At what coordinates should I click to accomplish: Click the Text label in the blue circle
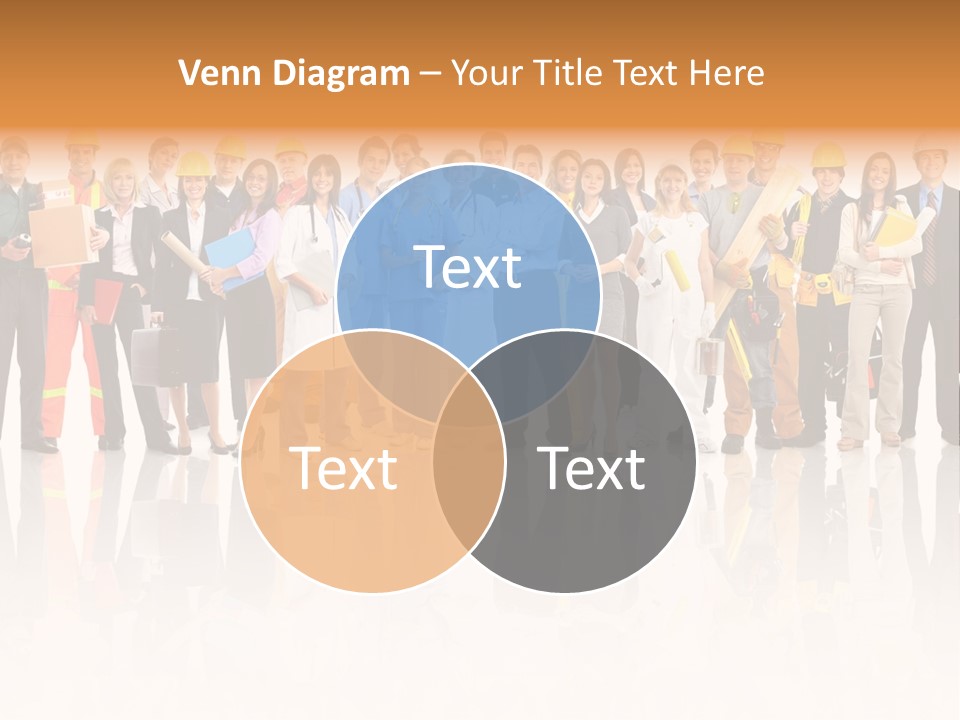tap(468, 267)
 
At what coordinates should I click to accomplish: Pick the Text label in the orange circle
tap(343, 468)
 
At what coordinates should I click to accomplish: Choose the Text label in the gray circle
tap(591, 468)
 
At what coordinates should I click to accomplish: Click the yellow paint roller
tap(678, 269)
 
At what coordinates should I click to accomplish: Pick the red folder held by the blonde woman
tap(107, 299)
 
